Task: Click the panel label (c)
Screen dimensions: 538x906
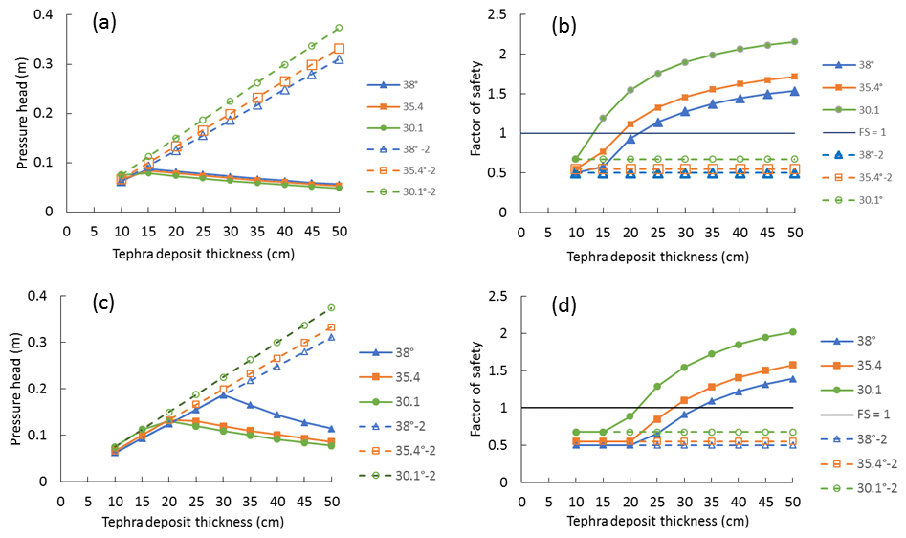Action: (101, 303)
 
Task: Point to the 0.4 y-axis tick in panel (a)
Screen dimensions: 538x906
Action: (46, 15)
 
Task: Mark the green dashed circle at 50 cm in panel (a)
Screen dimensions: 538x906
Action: (339, 28)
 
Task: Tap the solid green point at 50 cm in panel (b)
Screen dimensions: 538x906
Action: (795, 41)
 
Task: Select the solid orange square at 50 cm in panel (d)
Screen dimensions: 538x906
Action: (795, 364)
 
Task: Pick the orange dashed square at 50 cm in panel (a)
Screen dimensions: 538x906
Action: (339, 49)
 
